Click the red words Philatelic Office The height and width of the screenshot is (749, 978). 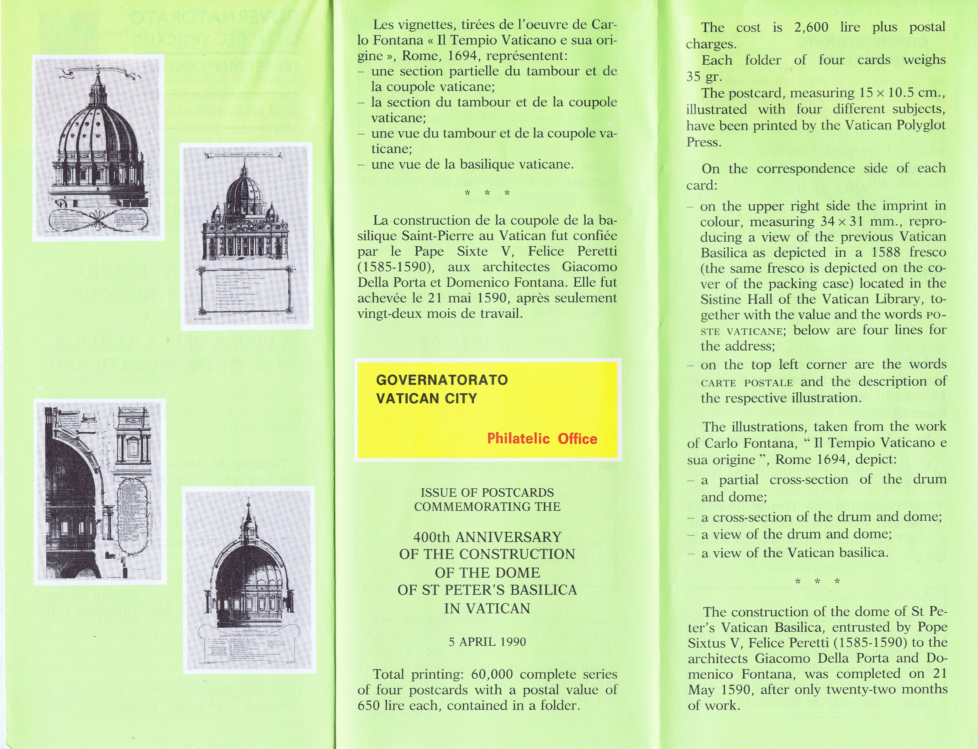(542, 439)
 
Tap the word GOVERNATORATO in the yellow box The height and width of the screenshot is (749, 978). (442, 380)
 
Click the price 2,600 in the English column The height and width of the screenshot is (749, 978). (811, 27)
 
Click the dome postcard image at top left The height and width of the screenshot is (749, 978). (99, 147)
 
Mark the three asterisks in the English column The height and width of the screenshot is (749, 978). (817, 581)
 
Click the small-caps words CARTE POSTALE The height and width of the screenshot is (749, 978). (747, 382)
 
